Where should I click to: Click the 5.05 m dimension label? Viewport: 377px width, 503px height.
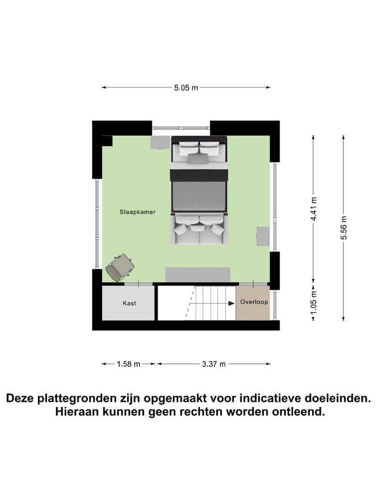pyautogui.click(x=186, y=88)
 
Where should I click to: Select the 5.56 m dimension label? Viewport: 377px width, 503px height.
pyautogui.click(x=343, y=227)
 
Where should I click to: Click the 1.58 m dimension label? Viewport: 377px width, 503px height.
pyautogui.click(x=128, y=364)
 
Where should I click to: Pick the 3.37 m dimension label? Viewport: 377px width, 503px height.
pyautogui.click(x=214, y=364)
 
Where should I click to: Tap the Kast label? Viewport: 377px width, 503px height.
pyautogui.click(x=129, y=303)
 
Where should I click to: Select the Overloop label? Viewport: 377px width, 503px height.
pyautogui.click(x=254, y=302)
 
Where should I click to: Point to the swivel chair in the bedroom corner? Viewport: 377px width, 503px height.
pyautogui.click(x=120, y=267)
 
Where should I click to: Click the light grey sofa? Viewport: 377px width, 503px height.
pyautogui.click(x=199, y=231)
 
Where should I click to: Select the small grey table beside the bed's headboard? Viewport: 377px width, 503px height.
pyautogui.click(x=160, y=143)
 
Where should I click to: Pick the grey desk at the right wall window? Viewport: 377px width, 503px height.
pyautogui.click(x=263, y=236)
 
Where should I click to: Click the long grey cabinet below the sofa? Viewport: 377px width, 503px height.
pyautogui.click(x=198, y=275)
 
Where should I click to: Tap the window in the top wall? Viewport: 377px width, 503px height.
pyautogui.click(x=181, y=127)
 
